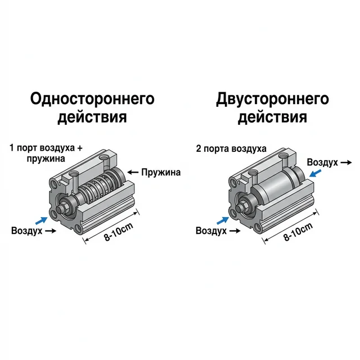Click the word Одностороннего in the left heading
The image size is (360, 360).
point(92,100)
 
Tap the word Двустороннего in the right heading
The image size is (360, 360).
point(272,100)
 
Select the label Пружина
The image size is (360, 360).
point(161,172)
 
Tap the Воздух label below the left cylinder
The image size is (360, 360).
point(26,231)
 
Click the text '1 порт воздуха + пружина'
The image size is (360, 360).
point(46,154)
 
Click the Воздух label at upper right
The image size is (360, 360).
point(322,163)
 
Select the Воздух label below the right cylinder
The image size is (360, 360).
point(210,231)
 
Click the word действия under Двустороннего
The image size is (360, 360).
point(272,118)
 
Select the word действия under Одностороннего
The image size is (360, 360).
point(92,118)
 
